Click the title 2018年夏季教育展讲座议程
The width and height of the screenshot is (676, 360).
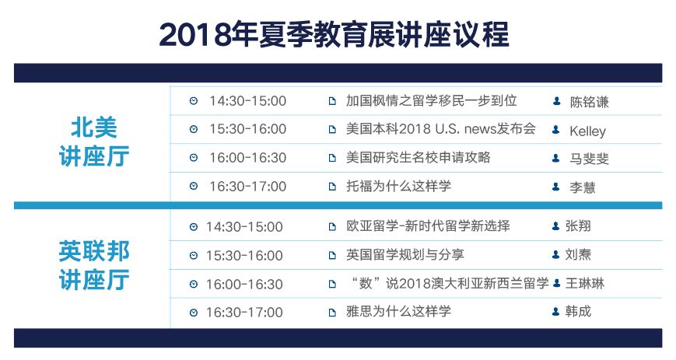pyautogui.click(x=334, y=34)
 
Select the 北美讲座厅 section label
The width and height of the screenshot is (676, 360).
pyautogui.click(x=94, y=142)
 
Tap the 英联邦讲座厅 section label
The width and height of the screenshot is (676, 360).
pyautogui.click(x=94, y=266)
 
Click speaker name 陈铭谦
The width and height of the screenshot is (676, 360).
pyautogui.click(x=589, y=102)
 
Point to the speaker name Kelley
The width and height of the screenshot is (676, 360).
pyautogui.click(x=587, y=131)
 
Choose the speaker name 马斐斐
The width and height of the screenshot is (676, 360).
pyautogui.click(x=589, y=159)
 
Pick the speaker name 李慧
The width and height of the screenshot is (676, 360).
pyautogui.click(x=583, y=187)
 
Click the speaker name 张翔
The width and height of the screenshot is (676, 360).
pyautogui.click(x=578, y=226)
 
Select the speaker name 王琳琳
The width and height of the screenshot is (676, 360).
pyautogui.click(x=585, y=283)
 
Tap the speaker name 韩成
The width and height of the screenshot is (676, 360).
pyautogui.click(x=578, y=311)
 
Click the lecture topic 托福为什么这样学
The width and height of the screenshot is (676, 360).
pyautogui.click(x=398, y=187)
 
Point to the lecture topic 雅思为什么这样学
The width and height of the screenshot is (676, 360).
pyautogui.click(x=398, y=311)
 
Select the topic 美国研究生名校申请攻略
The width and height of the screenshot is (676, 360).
pyautogui.click(x=419, y=157)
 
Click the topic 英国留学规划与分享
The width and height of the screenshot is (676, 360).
pyautogui.click(x=405, y=255)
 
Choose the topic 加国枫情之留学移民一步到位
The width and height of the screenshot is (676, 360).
pyautogui.click(x=432, y=100)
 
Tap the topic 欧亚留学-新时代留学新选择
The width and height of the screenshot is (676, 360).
pyautogui.click(x=428, y=226)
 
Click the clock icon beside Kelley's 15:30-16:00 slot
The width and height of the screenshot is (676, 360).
pyautogui.click(x=194, y=129)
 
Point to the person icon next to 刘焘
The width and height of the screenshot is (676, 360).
pyautogui.click(x=556, y=255)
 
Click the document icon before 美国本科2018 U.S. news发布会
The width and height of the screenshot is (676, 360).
pyautogui.click(x=332, y=129)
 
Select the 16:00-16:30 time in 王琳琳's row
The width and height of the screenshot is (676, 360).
pyautogui.click(x=244, y=284)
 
